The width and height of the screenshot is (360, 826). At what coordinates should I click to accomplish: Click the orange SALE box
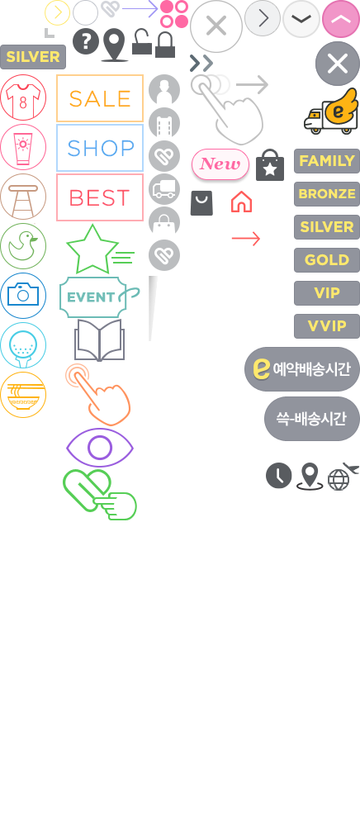point(99,98)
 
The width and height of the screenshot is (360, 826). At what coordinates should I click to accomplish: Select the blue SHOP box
point(99,148)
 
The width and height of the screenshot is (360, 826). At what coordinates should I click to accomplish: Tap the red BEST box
point(99,197)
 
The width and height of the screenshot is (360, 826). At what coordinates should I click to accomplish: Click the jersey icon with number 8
point(23,97)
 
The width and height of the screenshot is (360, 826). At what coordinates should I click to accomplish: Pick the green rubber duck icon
point(23,246)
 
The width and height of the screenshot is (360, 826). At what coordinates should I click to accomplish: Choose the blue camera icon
point(23,296)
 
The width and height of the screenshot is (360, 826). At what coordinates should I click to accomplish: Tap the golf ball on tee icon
point(23,345)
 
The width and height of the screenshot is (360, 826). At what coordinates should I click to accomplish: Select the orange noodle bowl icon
point(23,395)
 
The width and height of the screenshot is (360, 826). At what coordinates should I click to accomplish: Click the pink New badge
point(220,164)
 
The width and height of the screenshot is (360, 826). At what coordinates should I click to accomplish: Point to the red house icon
point(242,202)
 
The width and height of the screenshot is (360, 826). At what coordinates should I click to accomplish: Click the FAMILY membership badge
point(327,161)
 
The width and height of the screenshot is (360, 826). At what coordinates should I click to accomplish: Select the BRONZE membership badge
point(327,194)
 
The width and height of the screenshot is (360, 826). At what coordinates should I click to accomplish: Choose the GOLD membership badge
point(327,260)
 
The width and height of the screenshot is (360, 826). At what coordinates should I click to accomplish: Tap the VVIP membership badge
point(327,326)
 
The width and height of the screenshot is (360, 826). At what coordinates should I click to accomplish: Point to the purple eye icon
point(99,448)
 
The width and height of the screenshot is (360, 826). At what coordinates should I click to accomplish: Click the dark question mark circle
point(86,41)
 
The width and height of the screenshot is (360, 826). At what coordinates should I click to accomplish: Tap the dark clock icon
point(279,476)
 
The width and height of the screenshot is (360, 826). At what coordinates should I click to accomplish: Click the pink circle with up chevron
point(340,19)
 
